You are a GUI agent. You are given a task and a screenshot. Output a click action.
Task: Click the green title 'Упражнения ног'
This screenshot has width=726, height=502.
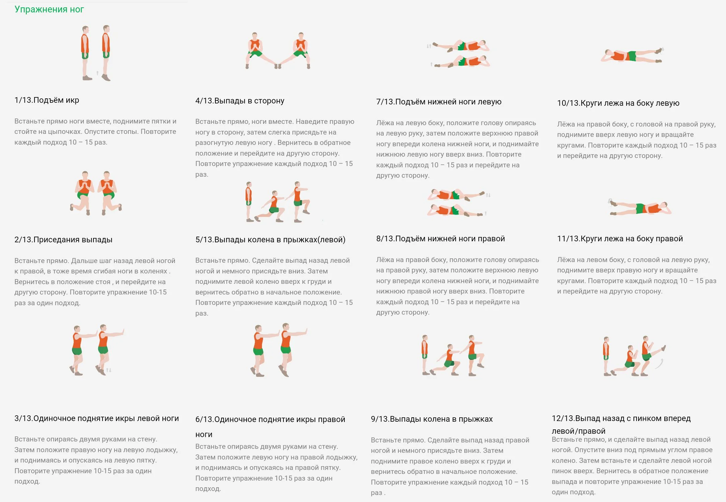tap(49, 9)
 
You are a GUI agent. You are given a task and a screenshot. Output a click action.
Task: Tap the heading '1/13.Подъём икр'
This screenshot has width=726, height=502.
tap(47, 100)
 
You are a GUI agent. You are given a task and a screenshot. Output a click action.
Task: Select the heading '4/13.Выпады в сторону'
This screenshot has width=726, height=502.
tap(240, 101)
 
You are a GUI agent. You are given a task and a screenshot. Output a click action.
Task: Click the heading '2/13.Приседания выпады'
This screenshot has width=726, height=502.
tap(63, 240)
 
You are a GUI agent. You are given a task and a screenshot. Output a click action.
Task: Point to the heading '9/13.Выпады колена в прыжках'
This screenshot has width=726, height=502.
tap(432, 419)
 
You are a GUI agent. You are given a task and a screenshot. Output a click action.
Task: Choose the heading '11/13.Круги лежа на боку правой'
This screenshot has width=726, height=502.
tap(620, 239)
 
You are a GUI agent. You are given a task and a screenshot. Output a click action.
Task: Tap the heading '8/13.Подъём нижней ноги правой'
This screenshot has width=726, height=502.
tap(441, 239)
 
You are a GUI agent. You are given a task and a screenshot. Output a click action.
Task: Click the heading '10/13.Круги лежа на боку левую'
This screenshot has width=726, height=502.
tap(618, 103)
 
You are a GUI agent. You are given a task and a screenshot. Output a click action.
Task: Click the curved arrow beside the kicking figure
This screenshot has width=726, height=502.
tap(659, 363)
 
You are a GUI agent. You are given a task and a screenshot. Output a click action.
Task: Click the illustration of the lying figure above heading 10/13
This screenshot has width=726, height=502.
tap(632, 55)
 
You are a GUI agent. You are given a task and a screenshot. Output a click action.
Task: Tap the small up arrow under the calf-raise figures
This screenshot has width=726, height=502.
tap(97, 73)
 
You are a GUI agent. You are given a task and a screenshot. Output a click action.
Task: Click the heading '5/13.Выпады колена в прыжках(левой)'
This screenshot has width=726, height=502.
tap(270, 240)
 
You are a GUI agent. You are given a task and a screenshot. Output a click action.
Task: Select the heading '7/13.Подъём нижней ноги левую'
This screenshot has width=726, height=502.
tap(439, 102)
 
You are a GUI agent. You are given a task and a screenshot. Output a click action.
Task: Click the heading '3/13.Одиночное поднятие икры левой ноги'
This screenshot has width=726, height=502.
tap(96, 418)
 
